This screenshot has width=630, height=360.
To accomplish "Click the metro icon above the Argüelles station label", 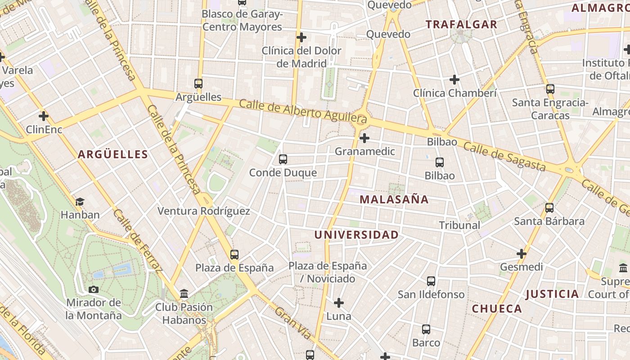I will pyautogui.click(x=198, y=83).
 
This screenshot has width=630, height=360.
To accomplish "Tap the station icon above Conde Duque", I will pyautogui.click(x=283, y=159).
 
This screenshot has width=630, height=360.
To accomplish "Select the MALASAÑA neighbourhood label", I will pyautogui.click(x=394, y=199).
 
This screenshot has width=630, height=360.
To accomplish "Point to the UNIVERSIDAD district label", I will pyautogui.click(x=356, y=235).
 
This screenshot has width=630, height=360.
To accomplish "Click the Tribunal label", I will pyautogui.click(x=459, y=225).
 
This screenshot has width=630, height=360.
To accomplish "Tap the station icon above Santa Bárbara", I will pyautogui.click(x=549, y=207).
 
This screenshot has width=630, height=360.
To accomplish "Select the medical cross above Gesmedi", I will pyautogui.click(x=521, y=254).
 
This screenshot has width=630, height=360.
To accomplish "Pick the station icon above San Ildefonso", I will pyautogui.click(x=431, y=281).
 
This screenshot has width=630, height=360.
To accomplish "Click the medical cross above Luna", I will pyautogui.click(x=339, y=303).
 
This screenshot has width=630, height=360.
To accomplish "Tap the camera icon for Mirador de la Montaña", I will pyautogui.click(x=94, y=289).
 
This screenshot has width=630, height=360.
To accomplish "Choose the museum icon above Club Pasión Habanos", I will pyautogui.click(x=184, y=294).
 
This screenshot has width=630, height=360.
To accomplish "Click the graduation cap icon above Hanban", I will pyautogui.click(x=80, y=202).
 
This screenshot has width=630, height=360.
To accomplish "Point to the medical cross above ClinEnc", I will pyautogui.click(x=44, y=117).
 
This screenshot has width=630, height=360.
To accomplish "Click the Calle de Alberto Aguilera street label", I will pyautogui.click(x=303, y=112).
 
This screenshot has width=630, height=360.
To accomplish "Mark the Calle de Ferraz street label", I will pyautogui.click(x=137, y=241).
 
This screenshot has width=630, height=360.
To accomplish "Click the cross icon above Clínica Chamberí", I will pyautogui.click(x=454, y=80).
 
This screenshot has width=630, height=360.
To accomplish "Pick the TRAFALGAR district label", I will pyautogui.click(x=462, y=25).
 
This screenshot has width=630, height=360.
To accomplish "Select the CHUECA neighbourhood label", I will pyautogui.click(x=497, y=309).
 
